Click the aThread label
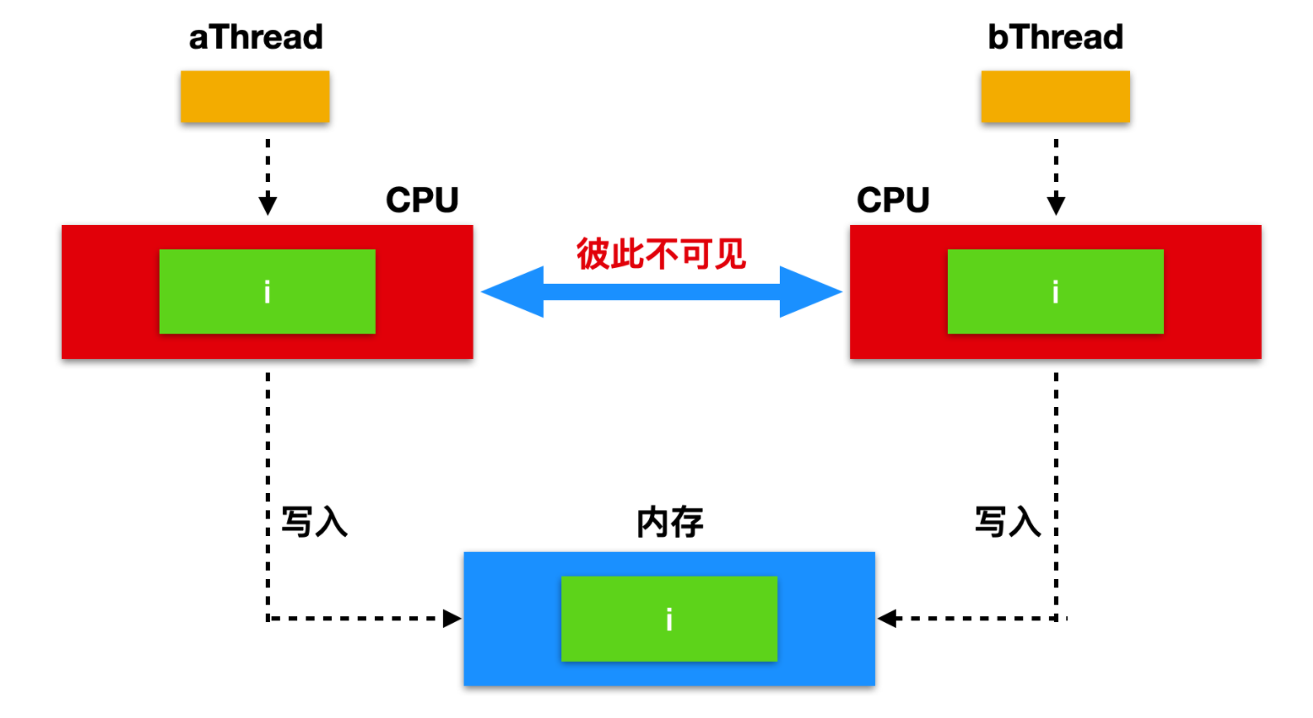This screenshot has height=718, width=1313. [256, 37]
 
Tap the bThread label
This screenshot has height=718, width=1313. [1056, 37]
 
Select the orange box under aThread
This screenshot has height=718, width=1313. [255, 97]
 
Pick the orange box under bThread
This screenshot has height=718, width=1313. [1056, 97]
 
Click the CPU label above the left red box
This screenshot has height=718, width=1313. [422, 200]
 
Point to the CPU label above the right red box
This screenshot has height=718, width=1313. [893, 200]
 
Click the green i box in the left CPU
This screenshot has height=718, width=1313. [267, 291]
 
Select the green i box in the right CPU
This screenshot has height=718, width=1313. [1056, 291]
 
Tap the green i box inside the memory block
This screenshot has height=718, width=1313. [669, 619]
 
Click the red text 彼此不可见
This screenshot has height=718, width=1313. [661, 254]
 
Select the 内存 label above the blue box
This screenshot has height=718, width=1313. [670, 523]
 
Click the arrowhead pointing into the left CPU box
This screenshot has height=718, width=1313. [267, 204]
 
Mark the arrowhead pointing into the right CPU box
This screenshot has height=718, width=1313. [1056, 204]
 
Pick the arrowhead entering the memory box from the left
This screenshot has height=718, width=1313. [452, 619]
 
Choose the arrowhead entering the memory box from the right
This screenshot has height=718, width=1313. [887, 619]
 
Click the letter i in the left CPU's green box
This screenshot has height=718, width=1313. [267, 292]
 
